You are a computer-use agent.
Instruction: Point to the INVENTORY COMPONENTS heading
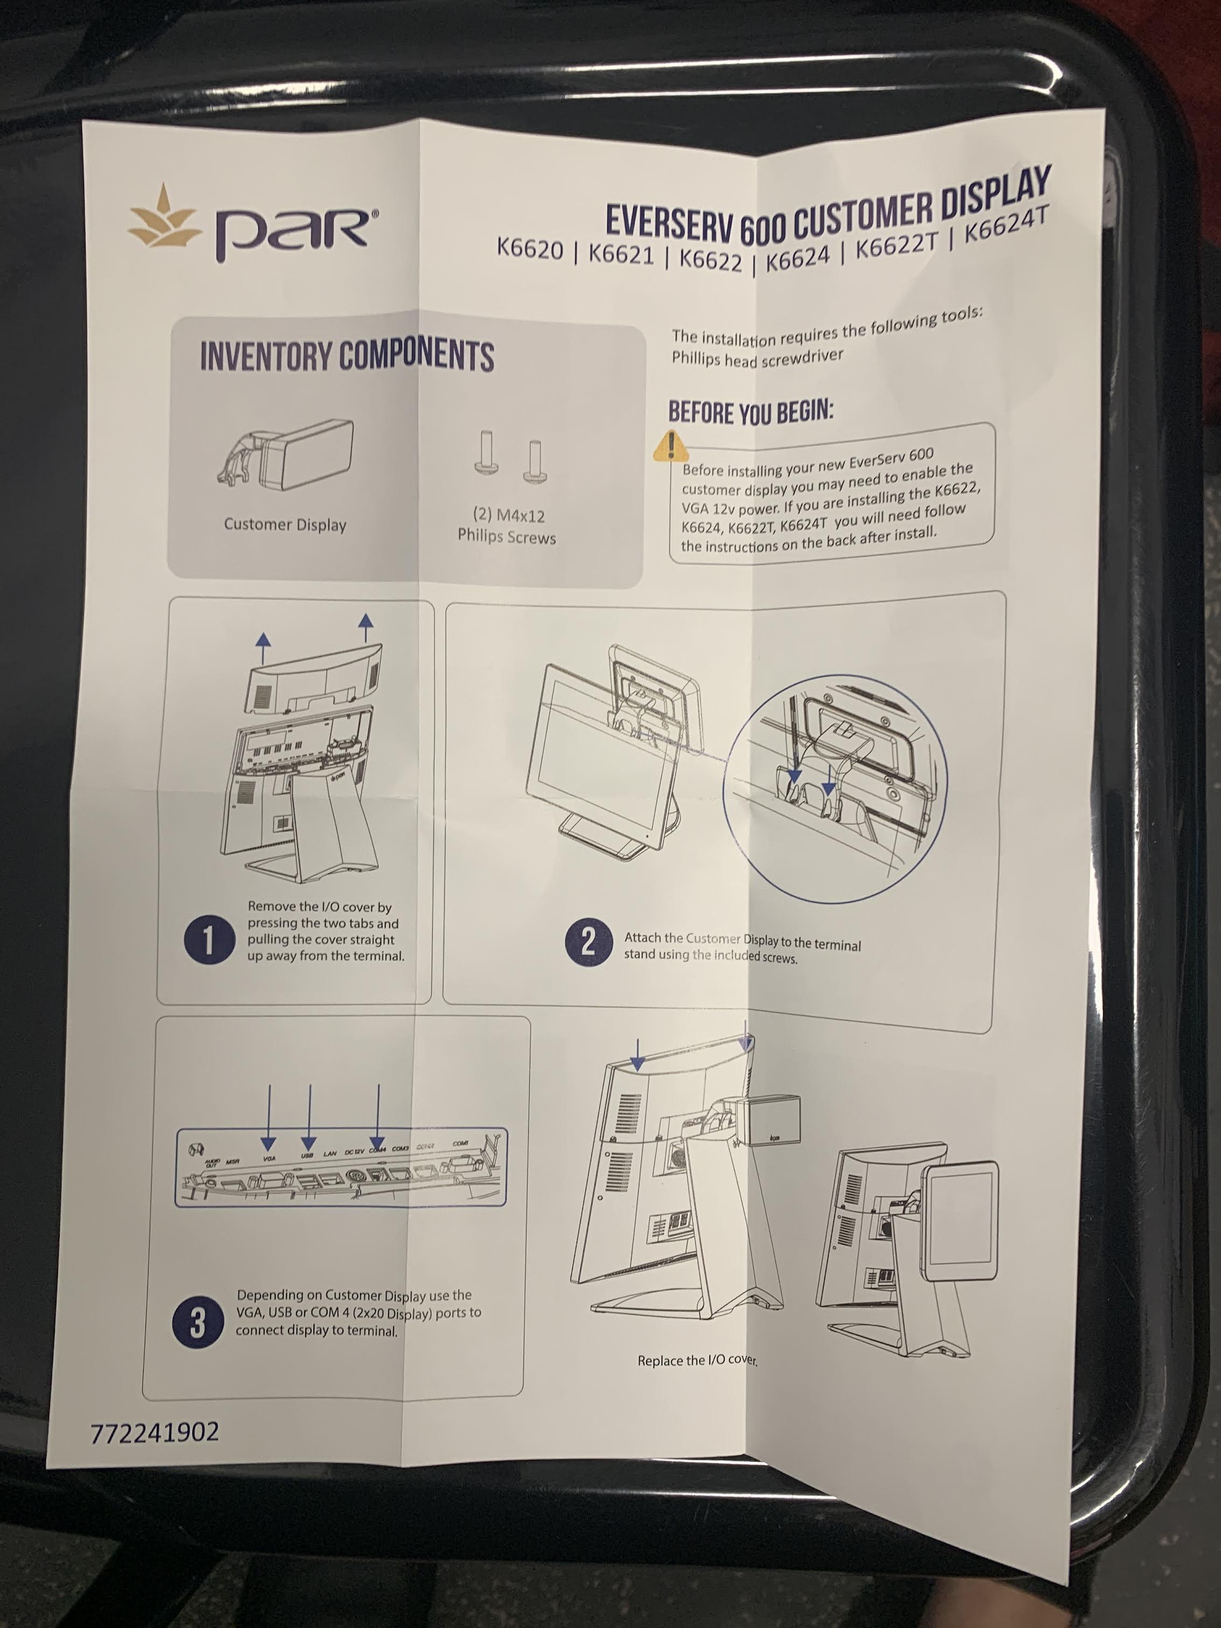click(347, 356)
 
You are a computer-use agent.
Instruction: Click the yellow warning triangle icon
click(670, 445)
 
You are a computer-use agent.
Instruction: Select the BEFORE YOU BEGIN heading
click(750, 412)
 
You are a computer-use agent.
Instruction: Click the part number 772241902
click(155, 1432)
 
